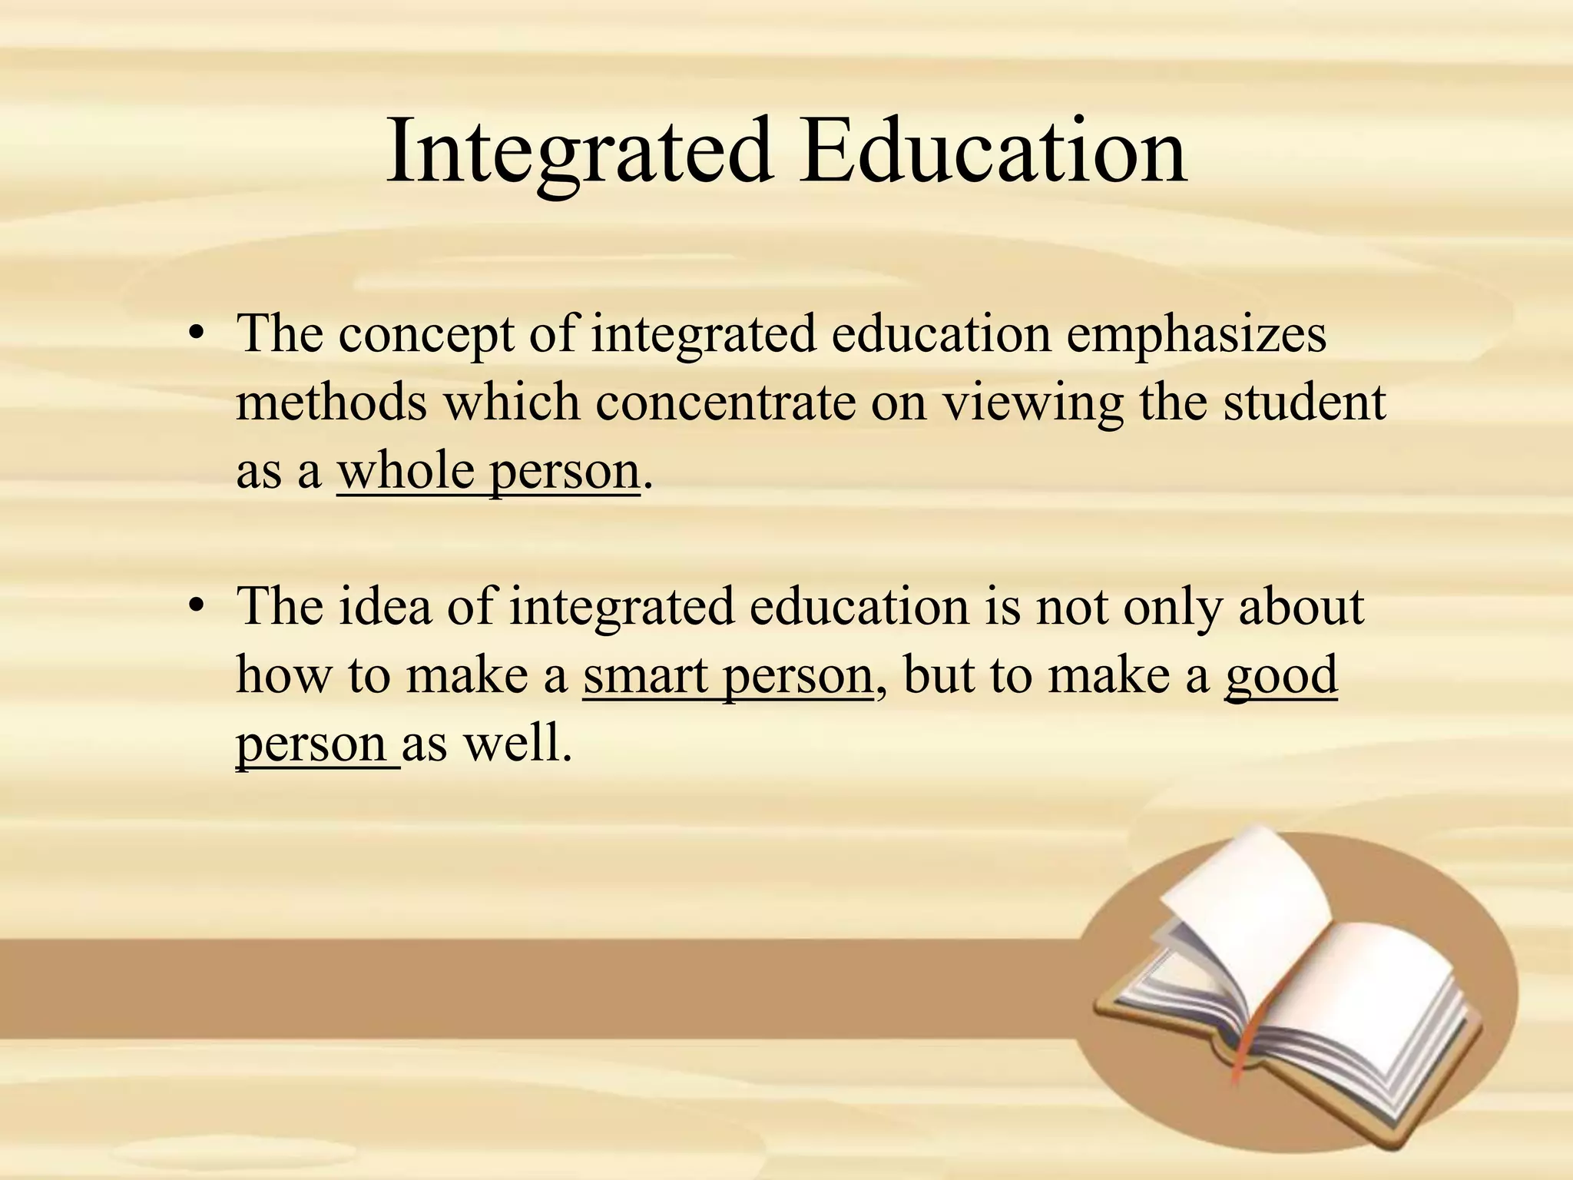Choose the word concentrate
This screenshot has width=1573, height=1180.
[725, 403]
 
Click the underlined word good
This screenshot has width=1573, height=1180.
[1281, 677]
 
